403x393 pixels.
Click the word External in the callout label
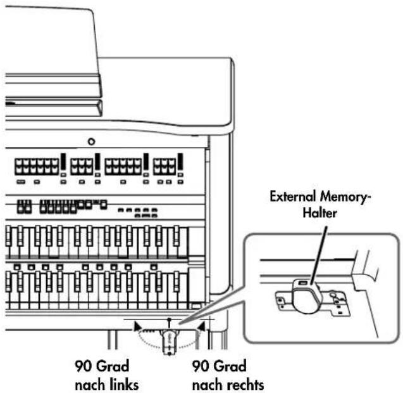click(293, 196)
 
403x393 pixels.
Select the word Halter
click(319, 213)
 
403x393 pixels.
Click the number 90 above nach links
click(84, 366)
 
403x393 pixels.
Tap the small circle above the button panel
click(91, 141)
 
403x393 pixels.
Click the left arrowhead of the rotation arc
click(137, 326)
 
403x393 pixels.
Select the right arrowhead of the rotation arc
click(201, 326)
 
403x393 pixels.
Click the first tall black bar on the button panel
click(63, 162)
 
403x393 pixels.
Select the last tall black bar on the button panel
click(180, 162)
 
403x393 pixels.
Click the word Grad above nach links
click(113, 366)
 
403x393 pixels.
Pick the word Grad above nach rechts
click(230, 366)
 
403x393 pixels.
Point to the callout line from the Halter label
click(319, 255)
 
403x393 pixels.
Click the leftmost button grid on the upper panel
click(37, 167)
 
